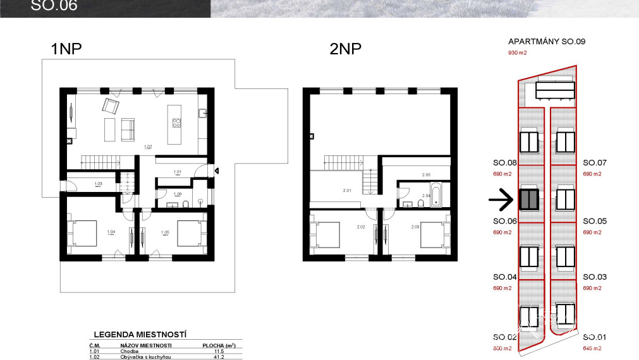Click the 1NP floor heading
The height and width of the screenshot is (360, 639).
pos(67,49)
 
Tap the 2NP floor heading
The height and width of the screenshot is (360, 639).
pos(345,49)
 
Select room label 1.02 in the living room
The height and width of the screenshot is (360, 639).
pos(148,147)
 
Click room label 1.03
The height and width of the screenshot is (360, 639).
pos(98,184)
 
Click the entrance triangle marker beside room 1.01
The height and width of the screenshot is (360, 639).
pos(217,171)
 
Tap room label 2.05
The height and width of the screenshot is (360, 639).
pos(426,174)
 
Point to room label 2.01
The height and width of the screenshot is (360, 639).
pos(346,189)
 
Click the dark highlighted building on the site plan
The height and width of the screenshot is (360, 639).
pos(528,200)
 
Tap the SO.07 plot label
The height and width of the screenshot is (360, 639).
pos(594,163)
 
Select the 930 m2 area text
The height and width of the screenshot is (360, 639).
pos(517,54)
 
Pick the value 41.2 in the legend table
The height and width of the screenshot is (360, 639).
pos(219,357)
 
